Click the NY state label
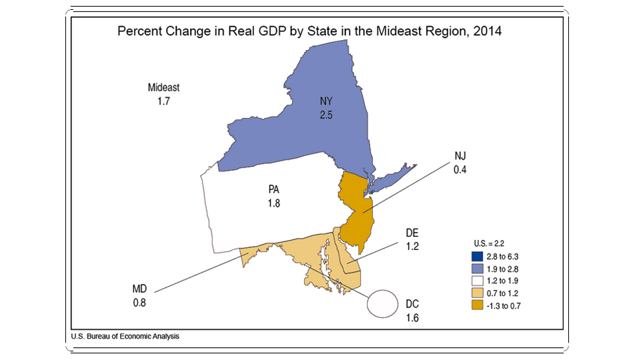326,101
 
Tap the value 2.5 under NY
326,115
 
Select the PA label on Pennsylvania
274,189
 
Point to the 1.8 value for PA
274,203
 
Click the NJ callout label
460,155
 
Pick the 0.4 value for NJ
460,170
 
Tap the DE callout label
412,233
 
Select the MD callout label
139,289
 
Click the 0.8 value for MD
139,303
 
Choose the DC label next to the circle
412,304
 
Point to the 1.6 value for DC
412,318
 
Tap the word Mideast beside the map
163,87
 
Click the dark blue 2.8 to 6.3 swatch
477,256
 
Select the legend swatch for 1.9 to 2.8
477,269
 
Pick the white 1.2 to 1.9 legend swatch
477,281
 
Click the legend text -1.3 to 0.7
504,306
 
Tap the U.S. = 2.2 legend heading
489,243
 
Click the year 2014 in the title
487,31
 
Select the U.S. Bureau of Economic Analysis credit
125,337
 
